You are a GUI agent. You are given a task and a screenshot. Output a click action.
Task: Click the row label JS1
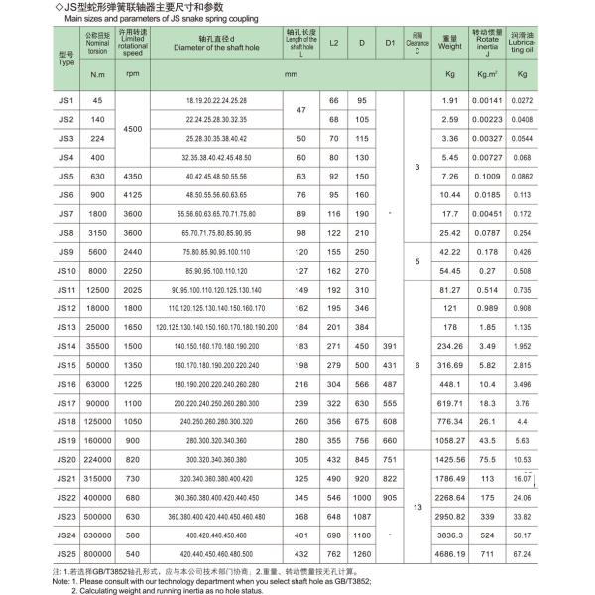pyautogui.click(x=67, y=101)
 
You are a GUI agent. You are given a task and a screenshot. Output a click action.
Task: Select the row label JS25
pyautogui.click(x=67, y=553)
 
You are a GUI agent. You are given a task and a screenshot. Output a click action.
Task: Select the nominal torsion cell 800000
pyautogui.click(x=97, y=553)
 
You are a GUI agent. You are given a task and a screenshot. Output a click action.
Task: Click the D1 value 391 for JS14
pyautogui.click(x=391, y=345)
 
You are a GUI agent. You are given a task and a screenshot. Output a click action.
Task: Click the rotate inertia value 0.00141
pyautogui.click(x=486, y=101)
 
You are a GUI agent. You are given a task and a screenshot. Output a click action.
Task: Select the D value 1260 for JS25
pyautogui.click(x=363, y=553)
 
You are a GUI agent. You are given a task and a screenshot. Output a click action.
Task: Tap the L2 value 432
pyautogui.click(x=333, y=553)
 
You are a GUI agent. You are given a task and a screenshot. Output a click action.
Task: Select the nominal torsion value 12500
pyautogui.click(x=97, y=289)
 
